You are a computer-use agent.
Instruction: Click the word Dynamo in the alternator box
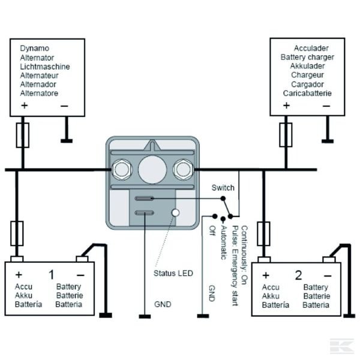click(34, 48)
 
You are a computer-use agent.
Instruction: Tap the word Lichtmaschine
click(45, 66)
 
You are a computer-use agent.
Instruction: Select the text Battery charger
click(307, 57)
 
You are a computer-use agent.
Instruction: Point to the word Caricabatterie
click(307, 94)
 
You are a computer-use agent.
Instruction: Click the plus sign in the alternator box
click(25, 106)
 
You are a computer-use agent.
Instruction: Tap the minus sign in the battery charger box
click(326, 106)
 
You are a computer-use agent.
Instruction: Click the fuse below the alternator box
click(23, 135)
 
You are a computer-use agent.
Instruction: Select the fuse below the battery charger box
click(286, 135)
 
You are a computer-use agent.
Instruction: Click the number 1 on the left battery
click(52, 275)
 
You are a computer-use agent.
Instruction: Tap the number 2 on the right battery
click(298, 276)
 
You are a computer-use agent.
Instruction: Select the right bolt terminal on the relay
click(181, 169)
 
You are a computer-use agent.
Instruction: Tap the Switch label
click(223, 188)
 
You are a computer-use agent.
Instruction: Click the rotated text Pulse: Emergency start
click(236, 265)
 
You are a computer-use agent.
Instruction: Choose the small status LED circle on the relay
click(176, 212)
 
